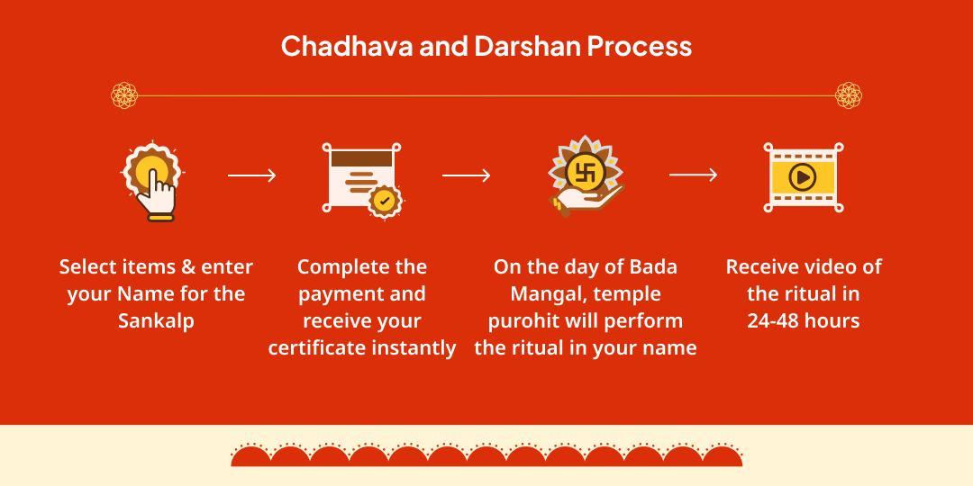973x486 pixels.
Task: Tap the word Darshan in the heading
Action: click(x=528, y=46)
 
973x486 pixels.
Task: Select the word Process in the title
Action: click(x=641, y=46)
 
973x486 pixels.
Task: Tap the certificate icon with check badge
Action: click(x=360, y=177)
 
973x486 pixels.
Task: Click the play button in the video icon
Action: click(x=802, y=176)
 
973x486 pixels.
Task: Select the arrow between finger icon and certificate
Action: click(x=251, y=175)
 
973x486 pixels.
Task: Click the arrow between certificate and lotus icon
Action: click(x=466, y=175)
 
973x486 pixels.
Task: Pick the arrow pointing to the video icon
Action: click(x=693, y=175)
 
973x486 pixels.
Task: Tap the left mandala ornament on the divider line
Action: click(x=124, y=94)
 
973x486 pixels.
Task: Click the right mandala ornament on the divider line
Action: click(x=849, y=94)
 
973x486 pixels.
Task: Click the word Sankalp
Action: click(x=156, y=320)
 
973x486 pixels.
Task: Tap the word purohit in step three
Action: click(x=524, y=320)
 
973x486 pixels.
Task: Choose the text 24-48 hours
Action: click(x=803, y=320)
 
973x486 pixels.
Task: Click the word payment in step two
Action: click(x=337, y=293)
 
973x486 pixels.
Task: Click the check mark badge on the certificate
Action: click(x=385, y=200)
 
